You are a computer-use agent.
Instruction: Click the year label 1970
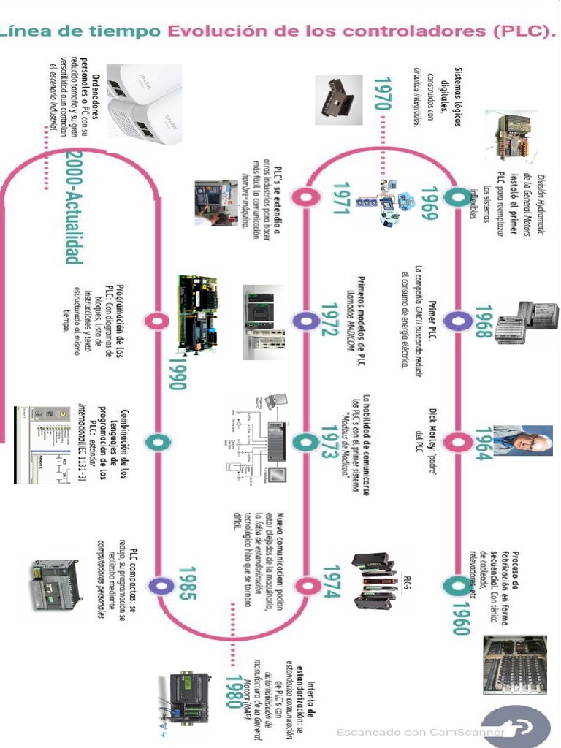(381, 94)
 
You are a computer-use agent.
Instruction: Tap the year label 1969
(430, 207)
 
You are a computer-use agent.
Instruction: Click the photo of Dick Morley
(523, 440)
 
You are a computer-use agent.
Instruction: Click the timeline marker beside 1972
(303, 320)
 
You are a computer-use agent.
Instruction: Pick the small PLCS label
(406, 583)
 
